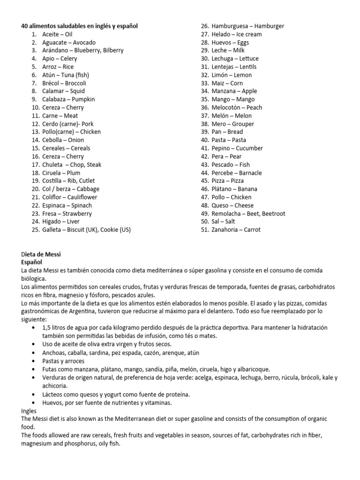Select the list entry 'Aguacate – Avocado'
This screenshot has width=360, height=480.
coord(68,42)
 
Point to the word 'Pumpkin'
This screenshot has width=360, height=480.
coord(82,99)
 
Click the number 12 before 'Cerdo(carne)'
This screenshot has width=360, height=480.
coord(35,124)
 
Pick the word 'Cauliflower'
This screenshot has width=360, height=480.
coord(82,197)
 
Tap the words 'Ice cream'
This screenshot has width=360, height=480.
coord(248,34)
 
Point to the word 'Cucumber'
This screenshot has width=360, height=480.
coord(249,149)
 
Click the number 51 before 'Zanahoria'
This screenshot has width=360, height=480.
coord(204,230)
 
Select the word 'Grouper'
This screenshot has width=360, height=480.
coord(243,124)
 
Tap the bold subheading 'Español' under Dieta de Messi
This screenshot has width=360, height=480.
coord(31,262)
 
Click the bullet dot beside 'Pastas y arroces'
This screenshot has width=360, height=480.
coord(32,361)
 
